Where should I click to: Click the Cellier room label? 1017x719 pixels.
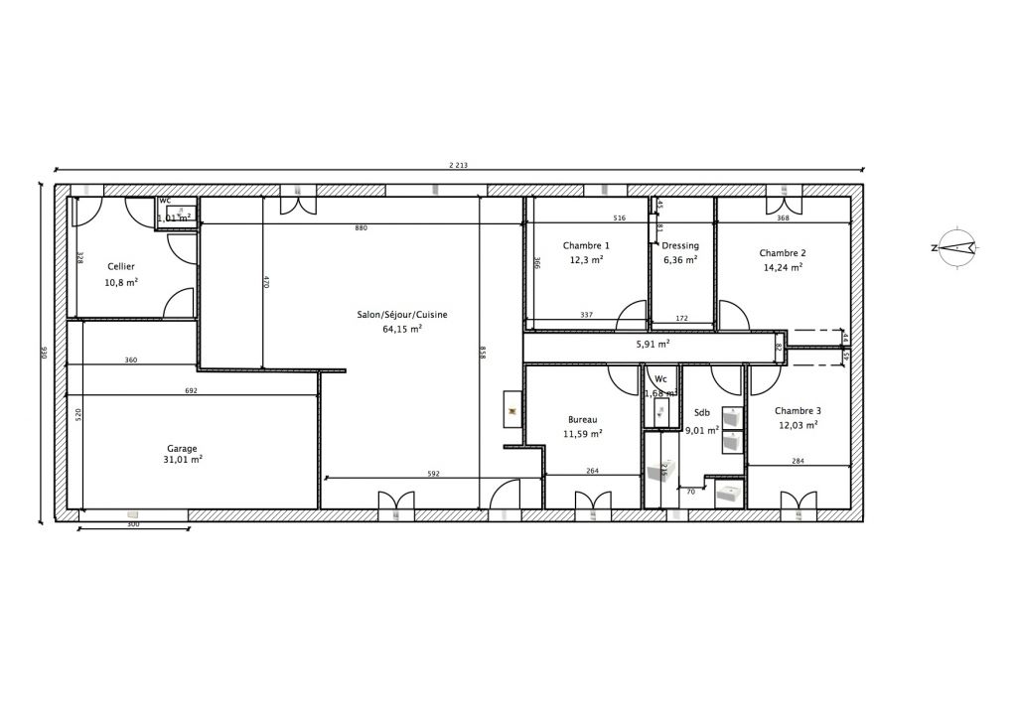coord(121,266)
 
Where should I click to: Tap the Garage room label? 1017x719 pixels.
coord(182,448)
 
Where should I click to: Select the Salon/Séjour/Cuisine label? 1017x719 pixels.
coord(402,315)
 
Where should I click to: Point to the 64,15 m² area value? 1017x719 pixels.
coord(402,329)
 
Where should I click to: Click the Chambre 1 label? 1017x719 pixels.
coord(586,245)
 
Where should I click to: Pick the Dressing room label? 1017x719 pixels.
coord(680,245)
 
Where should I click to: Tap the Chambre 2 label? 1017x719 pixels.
coord(783,252)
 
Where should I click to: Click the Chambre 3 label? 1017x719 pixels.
coord(798,410)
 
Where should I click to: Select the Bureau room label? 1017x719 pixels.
coord(583,419)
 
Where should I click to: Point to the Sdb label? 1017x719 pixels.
coord(702,413)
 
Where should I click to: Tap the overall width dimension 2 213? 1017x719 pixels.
coord(458,165)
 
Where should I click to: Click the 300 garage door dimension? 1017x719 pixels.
coord(133,524)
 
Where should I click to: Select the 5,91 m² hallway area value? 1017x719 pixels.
coord(653,344)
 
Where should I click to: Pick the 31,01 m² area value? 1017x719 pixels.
coord(183,460)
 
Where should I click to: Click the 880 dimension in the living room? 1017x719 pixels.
coord(361,228)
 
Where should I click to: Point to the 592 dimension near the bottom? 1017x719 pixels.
coord(433,474)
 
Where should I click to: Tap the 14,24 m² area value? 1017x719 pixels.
coord(783,266)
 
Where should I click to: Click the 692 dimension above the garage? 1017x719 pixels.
coord(191,391)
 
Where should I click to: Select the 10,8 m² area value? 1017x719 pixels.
coord(121,282)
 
